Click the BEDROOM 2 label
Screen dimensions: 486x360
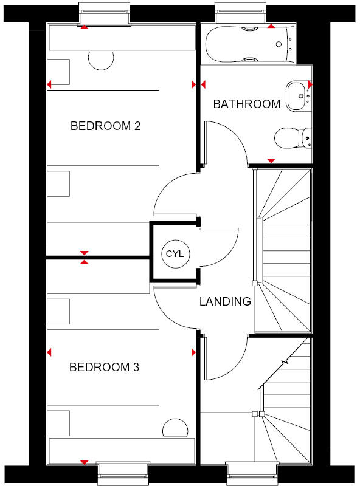106,126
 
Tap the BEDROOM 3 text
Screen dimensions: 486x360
104,367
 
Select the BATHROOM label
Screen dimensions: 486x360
246,104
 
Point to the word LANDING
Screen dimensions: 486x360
225,301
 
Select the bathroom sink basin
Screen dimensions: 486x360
297,95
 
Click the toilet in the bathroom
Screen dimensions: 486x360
291,139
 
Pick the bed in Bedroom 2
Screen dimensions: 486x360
103,128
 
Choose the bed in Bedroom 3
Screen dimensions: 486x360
103,368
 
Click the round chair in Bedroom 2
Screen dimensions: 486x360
101,60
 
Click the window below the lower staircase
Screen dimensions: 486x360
251,473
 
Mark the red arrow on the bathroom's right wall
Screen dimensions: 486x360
310,84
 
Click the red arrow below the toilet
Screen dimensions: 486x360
271,160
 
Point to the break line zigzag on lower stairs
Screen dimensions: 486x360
283,363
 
